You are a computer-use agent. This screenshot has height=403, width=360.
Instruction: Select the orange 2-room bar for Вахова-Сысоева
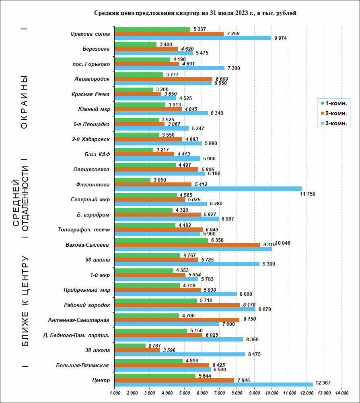coord(187,244)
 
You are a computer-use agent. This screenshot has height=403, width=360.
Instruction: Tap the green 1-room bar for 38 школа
coord(130,346)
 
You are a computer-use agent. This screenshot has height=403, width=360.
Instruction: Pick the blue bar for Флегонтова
coord(208,188)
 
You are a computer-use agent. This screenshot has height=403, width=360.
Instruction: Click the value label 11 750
coord(308,194)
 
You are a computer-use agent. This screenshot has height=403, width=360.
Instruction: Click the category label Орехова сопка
coord(90,34)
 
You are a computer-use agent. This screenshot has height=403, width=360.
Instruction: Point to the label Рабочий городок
coord(87,305)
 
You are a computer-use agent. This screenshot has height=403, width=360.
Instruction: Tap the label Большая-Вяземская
coord(83,365)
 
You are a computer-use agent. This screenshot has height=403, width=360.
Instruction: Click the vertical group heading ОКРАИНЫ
coord(24,102)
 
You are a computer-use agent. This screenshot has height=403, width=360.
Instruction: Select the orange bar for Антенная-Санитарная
coord(177,320)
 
